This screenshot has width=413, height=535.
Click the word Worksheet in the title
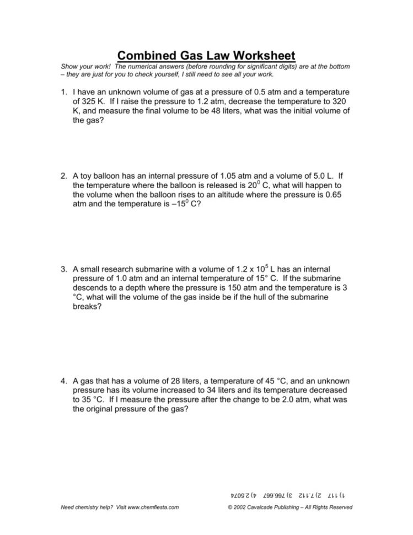click(259, 55)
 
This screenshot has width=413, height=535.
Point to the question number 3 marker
click(65, 270)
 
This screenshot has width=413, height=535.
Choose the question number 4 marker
click(65, 381)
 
